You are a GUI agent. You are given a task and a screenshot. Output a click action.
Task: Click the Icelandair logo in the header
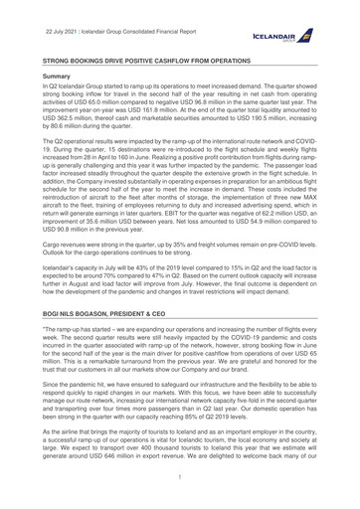pyautogui.click(x=307, y=32)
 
